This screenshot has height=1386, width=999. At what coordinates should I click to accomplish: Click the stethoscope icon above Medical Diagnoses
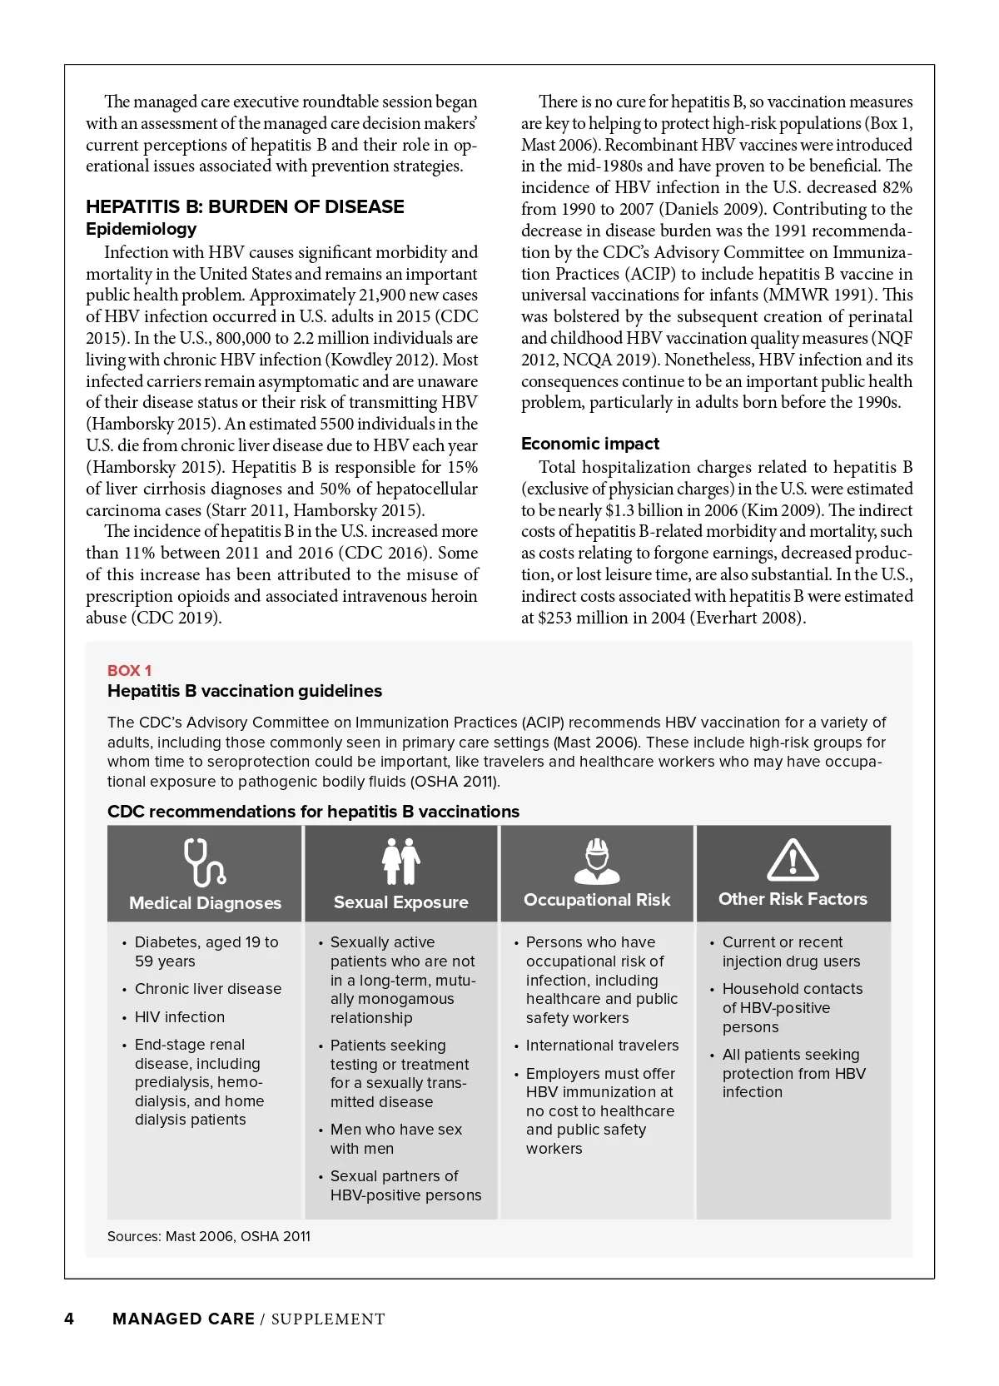(x=204, y=862)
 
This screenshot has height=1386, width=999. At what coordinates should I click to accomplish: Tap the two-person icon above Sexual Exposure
(x=400, y=861)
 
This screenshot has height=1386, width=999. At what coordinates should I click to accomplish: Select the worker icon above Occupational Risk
(x=597, y=861)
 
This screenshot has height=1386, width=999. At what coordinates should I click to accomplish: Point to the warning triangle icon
(x=792, y=861)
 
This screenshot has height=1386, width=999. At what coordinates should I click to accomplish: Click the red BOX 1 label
(x=129, y=670)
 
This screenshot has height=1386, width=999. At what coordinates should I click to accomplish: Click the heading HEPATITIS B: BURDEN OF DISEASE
(x=245, y=206)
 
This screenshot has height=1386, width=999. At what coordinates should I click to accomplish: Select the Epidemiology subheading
(x=142, y=229)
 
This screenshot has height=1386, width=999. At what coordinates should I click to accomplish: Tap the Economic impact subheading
(x=590, y=444)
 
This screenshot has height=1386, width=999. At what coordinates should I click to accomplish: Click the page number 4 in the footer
(x=69, y=1319)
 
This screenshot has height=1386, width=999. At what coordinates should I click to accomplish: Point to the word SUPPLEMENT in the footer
(x=328, y=1319)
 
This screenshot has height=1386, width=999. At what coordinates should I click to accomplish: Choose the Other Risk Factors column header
(x=793, y=899)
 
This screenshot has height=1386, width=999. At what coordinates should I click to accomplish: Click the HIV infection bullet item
(x=180, y=1016)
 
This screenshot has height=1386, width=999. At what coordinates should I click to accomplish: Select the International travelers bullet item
(x=602, y=1046)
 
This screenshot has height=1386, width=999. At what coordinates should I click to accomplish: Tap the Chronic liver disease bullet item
(x=208, y=989)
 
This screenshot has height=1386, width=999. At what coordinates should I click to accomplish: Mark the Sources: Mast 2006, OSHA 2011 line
(x=209, y=1236)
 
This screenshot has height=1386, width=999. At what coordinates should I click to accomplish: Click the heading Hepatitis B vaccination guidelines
(x=245, y=691)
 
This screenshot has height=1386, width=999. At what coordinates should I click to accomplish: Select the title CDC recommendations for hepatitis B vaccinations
(x=313, y=812)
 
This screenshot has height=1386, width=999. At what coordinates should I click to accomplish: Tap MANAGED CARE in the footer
(x=183, y=1319)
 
